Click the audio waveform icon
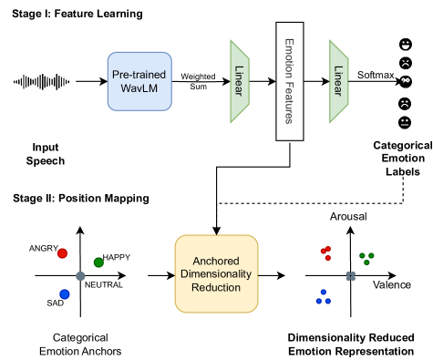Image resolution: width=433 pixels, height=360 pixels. tap(41, 82)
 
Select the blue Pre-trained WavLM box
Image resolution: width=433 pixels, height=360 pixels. tap(139, 81)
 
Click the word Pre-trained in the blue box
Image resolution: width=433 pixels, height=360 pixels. tap(139, 73)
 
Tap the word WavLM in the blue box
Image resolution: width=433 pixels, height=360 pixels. tap(139, 88)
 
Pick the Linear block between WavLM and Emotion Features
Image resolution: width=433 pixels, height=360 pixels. tap(240, 81)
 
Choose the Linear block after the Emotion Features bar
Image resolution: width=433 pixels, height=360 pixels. tap(339, 81)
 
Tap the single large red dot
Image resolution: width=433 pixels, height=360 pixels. tap(62, 253)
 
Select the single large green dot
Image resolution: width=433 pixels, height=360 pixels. tap(98, 262)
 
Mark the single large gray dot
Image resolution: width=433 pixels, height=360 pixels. tap(80, 275)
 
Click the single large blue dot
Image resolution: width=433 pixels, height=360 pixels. tap(65, 294)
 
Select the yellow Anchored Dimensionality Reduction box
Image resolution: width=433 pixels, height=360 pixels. tap(216, 273)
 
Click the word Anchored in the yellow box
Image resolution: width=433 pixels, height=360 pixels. tap(216, 260)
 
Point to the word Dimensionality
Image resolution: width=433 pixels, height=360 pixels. tap(216, 273)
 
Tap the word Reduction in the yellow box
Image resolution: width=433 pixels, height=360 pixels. tap(216, 287)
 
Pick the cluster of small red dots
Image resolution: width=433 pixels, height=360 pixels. tap(326, 252)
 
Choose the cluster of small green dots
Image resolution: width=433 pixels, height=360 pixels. tap(366, 258)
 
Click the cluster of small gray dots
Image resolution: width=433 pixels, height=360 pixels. tap(350, 275)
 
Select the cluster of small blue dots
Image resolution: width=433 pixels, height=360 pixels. tap(323, 297)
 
